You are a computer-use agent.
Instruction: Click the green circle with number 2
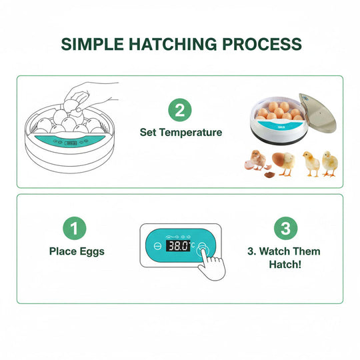pos(180,109)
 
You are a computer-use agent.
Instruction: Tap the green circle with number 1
pos(75,229)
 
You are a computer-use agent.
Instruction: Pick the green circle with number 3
pos(285,229)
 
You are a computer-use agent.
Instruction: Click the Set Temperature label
pos(181,132)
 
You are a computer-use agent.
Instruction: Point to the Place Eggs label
pos(76,251)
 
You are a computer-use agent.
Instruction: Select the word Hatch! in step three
pos(285,264)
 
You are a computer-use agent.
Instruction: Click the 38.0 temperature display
pos(178,245)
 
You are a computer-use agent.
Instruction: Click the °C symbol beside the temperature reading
pos(193,245)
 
